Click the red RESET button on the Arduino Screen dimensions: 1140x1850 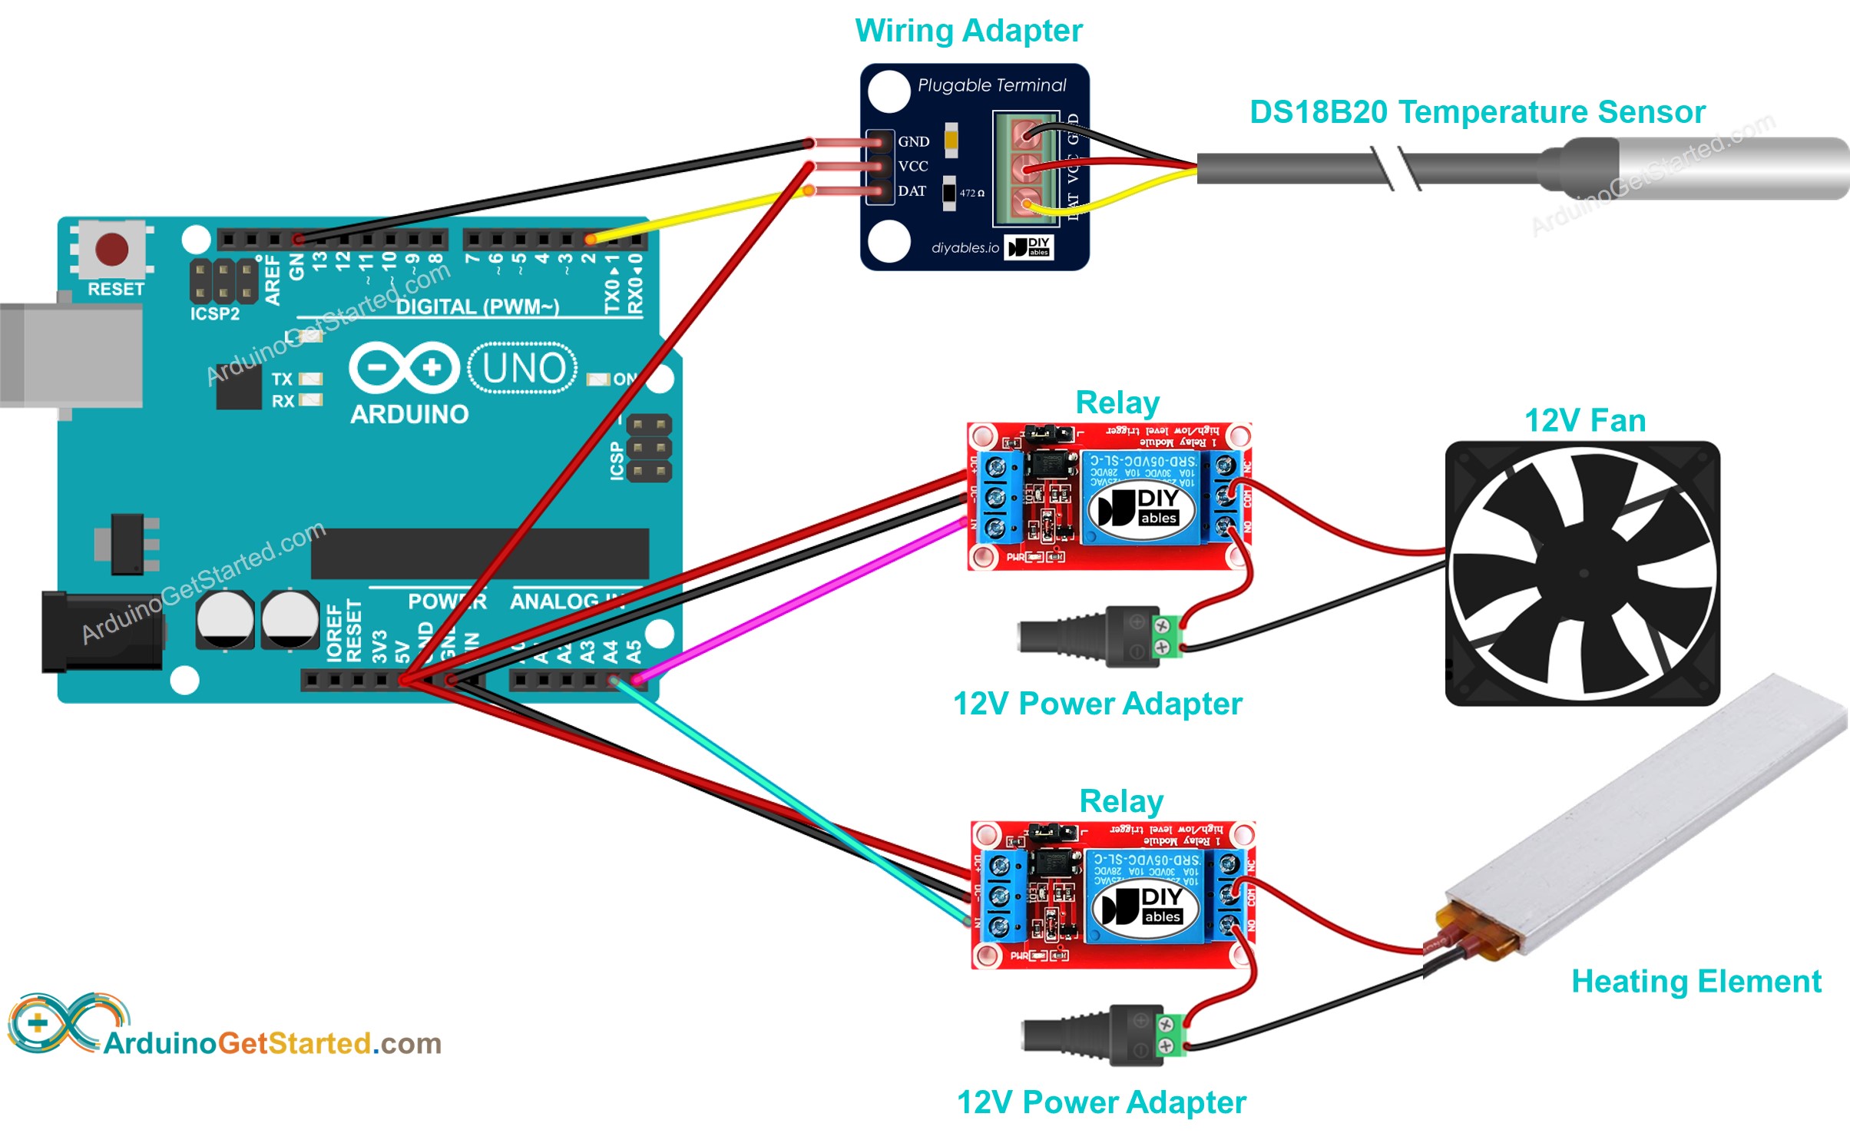click(112, 250)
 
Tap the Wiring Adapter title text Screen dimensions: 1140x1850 click(968, 31)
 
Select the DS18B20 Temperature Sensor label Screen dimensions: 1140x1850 click(1477, 112)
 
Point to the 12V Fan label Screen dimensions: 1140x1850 click(1584, 420)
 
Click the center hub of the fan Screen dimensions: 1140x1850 click(1583, 573)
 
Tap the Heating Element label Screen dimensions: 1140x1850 click(1696, 981)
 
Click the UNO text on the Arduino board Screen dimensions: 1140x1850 click(524, 368)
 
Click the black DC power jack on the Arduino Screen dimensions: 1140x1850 click(100, 631)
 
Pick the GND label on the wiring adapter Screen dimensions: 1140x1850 click(913, 141)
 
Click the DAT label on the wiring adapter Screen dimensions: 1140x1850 click(912, 191)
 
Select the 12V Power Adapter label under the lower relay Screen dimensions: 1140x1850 click(1100, 1102)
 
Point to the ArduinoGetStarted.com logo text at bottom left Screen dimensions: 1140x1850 click(273, 1043)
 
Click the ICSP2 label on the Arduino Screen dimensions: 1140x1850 click(214, 313)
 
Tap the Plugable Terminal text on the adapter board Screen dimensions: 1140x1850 click(991, 85)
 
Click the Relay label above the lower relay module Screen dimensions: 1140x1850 click(1120, 800)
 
